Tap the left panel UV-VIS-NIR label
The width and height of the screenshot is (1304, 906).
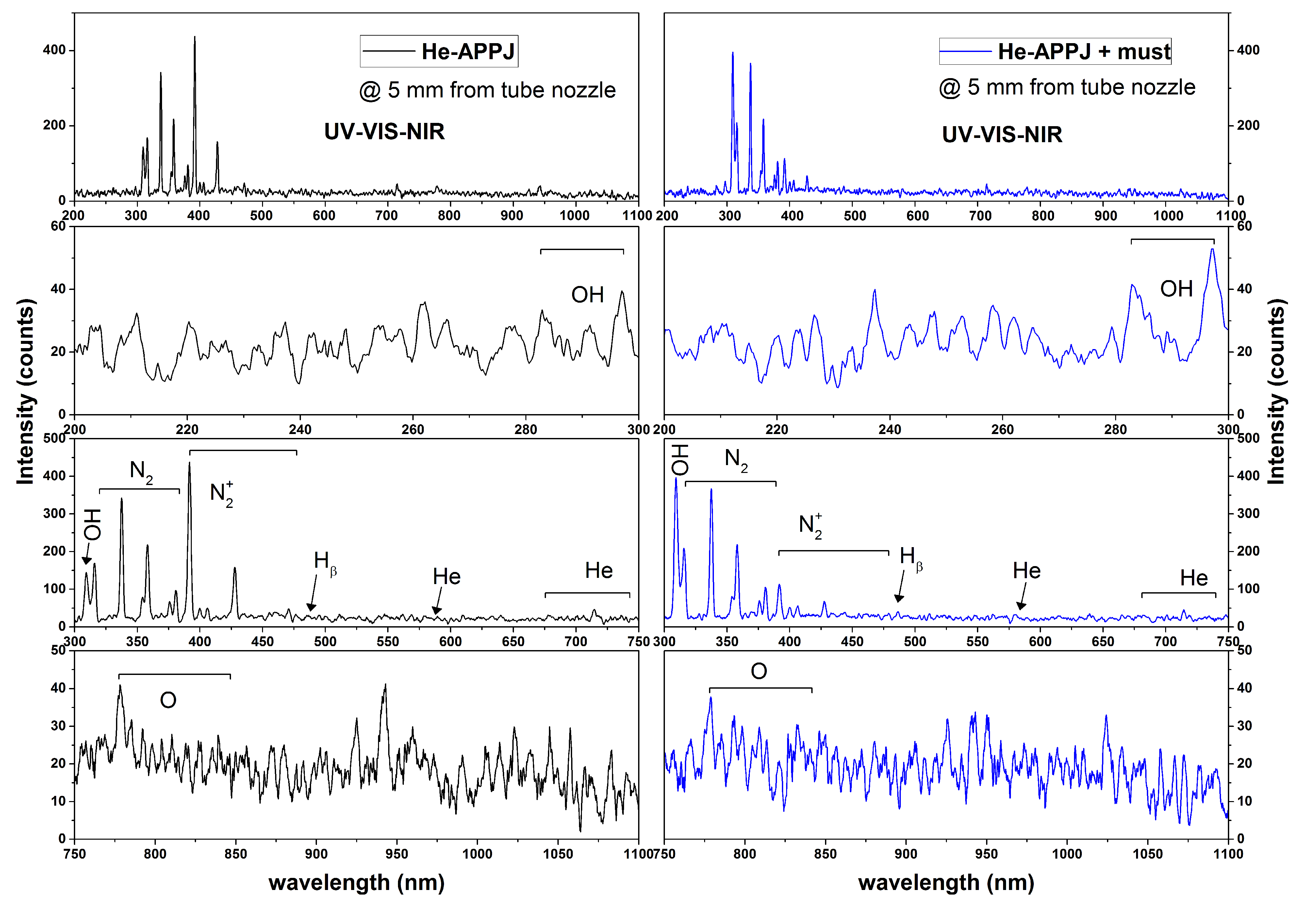point(384,132)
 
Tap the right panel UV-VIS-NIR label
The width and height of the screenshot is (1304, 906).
point(1001,135)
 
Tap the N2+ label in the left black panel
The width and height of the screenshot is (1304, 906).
point(221,494)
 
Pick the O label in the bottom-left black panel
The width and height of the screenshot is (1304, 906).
point(168,700)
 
